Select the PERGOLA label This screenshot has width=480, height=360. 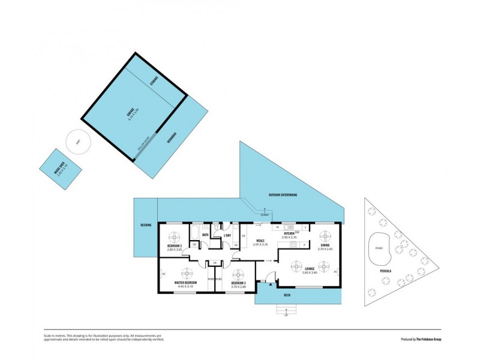pos(385,271)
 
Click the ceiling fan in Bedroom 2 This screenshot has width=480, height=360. pos(174,235)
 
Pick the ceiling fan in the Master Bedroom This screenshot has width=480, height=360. pos(186,273)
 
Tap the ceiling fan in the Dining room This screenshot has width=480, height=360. pos(325,235)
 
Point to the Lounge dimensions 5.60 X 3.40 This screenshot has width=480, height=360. pos(310,273)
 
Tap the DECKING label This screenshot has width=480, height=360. pos(146,224)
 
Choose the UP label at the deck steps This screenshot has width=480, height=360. pos(286,315)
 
